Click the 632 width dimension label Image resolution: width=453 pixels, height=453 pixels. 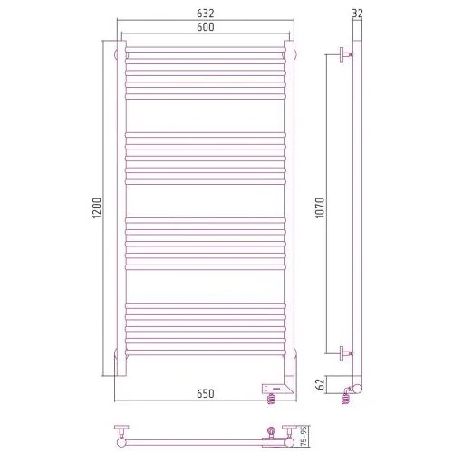click(x=206, y=14)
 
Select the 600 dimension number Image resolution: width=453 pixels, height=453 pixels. click(x=206, y=27)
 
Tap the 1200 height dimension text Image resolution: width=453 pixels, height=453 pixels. click(x=97, y=207)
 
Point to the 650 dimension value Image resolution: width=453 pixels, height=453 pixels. click(x=206, y=393)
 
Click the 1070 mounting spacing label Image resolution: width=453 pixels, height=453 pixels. click(x=320, y=207)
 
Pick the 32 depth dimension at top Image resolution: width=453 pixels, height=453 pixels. click(x=358, y=14)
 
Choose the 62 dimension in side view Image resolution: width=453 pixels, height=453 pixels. click(x=320, y=384)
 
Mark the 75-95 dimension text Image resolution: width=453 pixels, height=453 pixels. click(x=304, y=436)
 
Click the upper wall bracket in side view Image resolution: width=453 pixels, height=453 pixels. click(x=346, y=54)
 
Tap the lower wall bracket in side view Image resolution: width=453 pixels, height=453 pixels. click(x=346, y=353)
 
